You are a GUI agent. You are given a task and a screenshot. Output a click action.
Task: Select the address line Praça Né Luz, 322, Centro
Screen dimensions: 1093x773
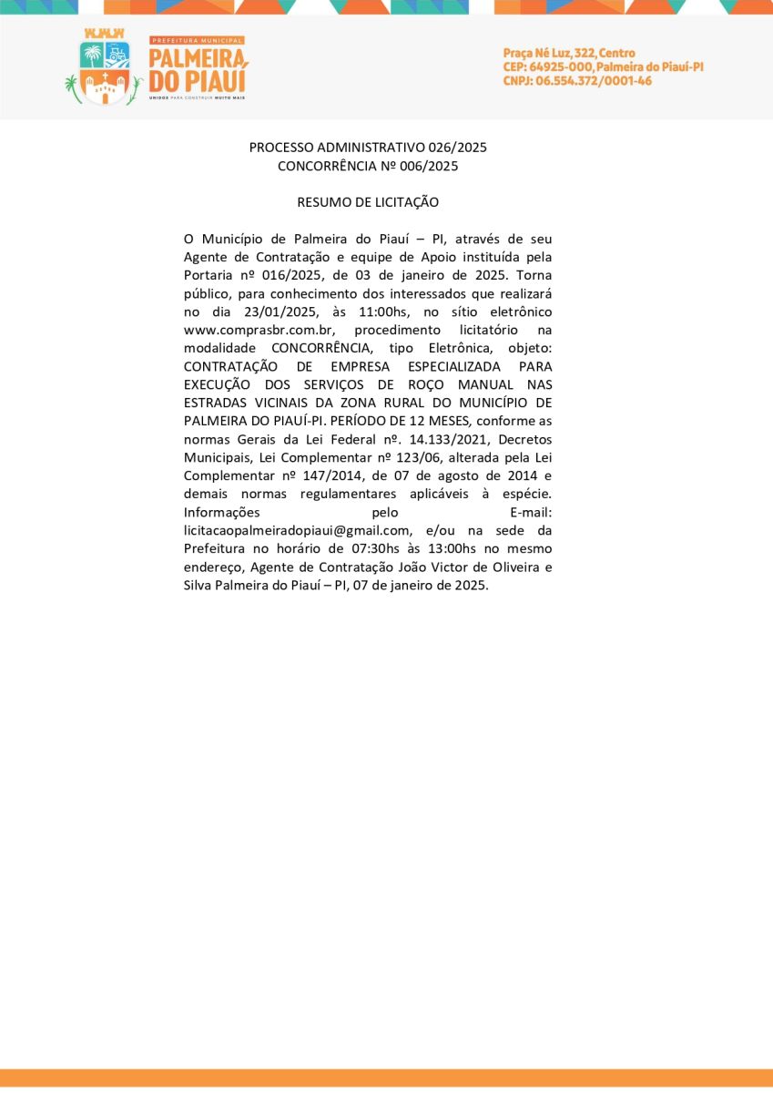click(569, 53)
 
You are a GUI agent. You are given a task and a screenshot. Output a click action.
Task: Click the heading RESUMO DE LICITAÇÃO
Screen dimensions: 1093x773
click(368, 201)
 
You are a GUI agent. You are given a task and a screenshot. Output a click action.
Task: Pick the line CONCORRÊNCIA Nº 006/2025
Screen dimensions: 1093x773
click(368, 166)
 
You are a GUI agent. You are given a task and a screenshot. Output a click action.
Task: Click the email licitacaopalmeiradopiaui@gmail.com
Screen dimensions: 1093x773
click(297, 530)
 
